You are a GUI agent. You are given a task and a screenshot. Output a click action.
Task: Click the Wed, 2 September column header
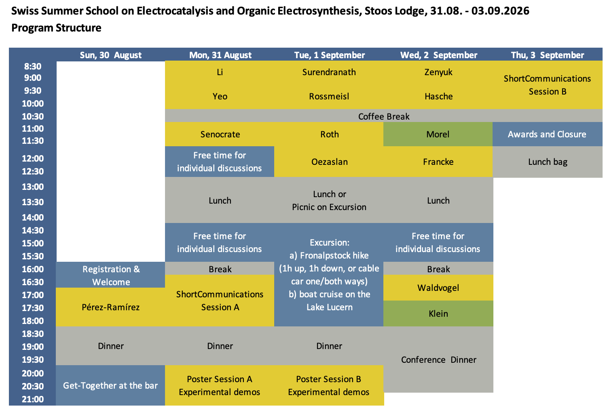(439, 55)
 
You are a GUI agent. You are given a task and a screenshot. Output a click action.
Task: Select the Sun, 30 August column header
(111, 55)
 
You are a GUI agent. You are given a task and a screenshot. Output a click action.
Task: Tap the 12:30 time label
(33, 171)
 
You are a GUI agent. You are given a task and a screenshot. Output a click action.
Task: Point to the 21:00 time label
(33, 399)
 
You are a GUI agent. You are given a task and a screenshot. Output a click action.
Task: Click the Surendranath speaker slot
(329, 72)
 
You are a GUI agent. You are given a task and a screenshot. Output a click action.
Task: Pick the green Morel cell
(438, 134)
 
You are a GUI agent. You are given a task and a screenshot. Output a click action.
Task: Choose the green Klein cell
(438, 313)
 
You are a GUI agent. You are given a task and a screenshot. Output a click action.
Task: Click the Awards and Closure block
(547, 134)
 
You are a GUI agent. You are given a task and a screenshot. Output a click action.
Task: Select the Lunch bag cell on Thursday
(548, 162)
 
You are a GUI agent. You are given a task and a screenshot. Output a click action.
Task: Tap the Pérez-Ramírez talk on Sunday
(111, 307)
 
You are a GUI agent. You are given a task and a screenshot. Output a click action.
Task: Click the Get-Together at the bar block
(110, 385)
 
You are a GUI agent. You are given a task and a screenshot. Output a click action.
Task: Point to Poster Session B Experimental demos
(329, 385)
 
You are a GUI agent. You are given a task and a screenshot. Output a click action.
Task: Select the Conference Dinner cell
(438, 360)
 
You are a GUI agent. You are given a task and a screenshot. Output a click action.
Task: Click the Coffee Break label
(384, 116)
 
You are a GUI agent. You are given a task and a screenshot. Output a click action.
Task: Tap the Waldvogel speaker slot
(438, 288)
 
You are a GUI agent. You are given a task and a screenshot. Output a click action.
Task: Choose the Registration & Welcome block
(111, 275)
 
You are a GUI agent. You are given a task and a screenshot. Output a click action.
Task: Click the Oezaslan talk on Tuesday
(329, 162)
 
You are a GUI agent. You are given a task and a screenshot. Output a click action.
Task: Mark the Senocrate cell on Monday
(220, 134)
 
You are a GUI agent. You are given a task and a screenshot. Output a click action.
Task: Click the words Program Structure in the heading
(56, 28)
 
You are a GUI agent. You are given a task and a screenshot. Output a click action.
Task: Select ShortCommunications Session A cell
(220, 301)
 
